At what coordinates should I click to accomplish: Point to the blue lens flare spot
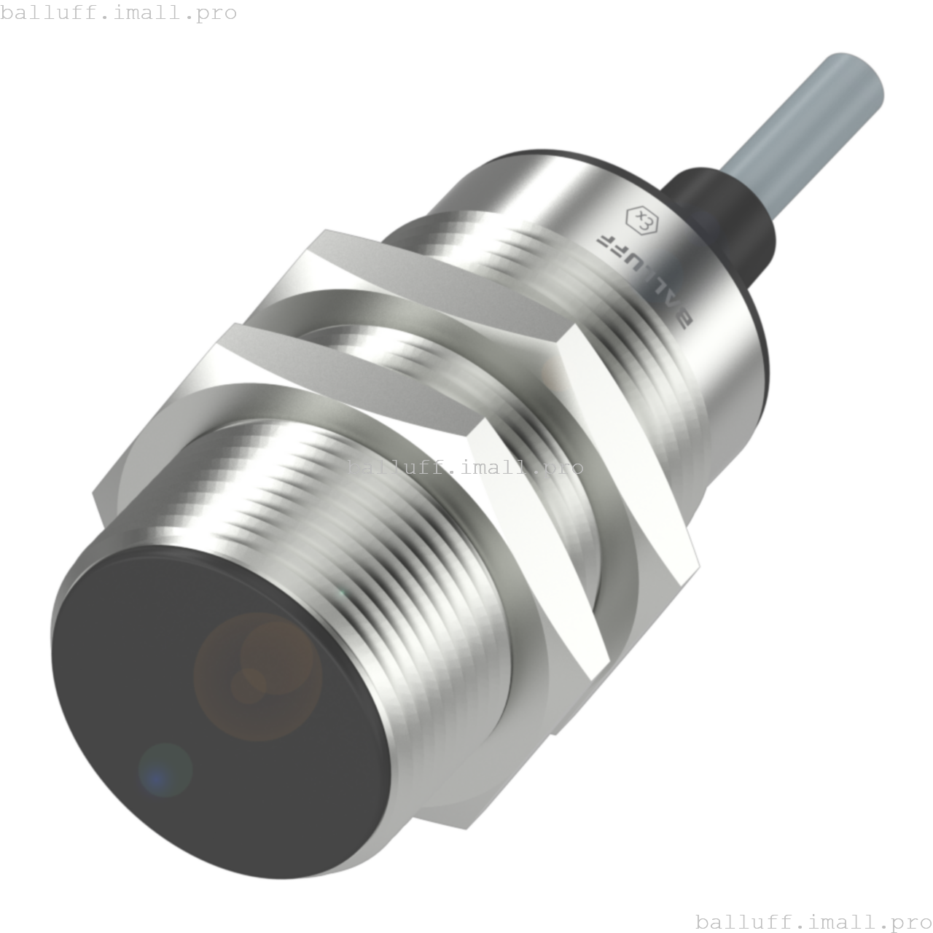[165, 770]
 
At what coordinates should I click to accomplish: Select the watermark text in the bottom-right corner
[813, 921]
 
